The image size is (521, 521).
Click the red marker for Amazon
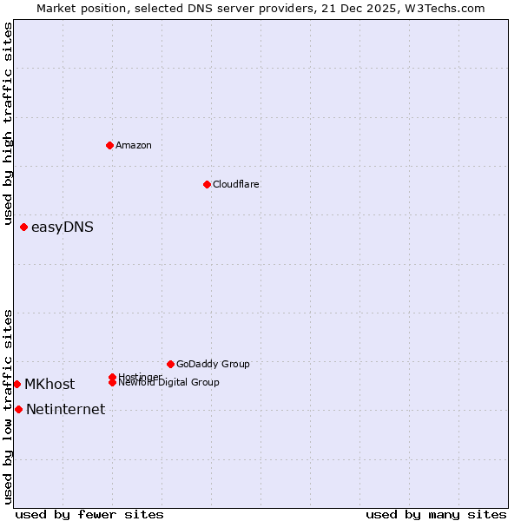110,145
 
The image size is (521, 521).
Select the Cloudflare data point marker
207,184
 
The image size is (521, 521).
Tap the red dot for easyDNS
24,228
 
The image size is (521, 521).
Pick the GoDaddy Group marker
170,364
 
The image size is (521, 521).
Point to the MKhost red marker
17,384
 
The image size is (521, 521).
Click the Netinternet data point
19,409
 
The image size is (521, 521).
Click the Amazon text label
134,145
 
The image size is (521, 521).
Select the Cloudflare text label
236,184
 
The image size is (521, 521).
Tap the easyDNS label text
63,228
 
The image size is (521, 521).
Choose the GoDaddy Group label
213,364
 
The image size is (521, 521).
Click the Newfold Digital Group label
168,383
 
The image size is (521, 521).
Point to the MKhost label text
49,385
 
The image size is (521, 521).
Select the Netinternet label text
66,410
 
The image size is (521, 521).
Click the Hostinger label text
139,376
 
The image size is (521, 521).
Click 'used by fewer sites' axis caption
89,514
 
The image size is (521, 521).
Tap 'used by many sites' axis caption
436,514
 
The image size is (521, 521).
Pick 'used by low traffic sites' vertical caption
9,406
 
